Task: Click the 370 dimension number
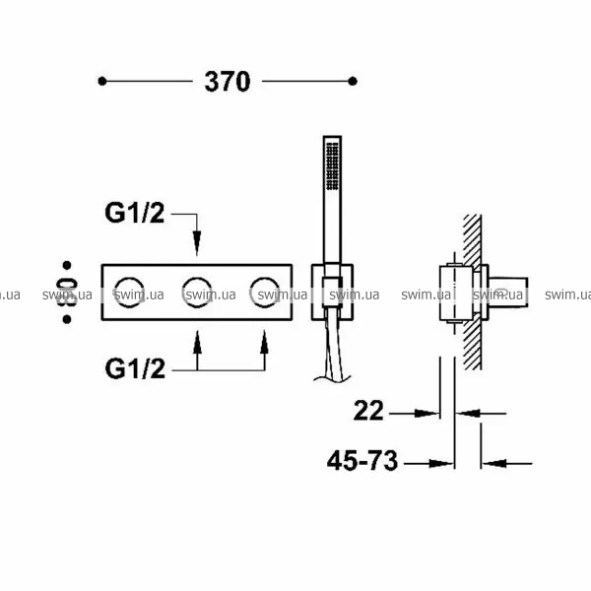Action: tap(228, 82)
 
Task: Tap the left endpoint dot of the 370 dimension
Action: tap(102, 81)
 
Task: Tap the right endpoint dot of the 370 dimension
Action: tap(353, 81)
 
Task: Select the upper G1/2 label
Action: tap(135, 213)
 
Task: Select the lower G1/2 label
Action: tap(135, 368)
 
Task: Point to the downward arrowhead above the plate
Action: tap(197, 243)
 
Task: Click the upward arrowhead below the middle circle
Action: tap(197, 342)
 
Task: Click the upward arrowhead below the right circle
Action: tap(264, 342)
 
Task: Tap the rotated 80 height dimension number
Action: tap(67, 293)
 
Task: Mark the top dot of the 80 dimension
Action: tap(67, 265)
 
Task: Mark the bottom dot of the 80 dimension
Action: tap(67, 319)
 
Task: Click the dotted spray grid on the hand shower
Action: tap(333, 165)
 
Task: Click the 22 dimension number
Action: tap(368, 411)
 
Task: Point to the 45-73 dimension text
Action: tap(362, 461)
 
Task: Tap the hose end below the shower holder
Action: tap(333, 378)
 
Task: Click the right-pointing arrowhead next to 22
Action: tap(427, 414)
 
